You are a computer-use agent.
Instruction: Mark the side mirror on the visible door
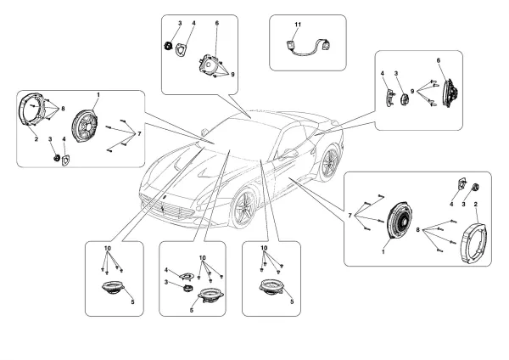[x=288, y=155]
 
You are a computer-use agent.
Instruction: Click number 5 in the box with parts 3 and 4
[x=193, y=310]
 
